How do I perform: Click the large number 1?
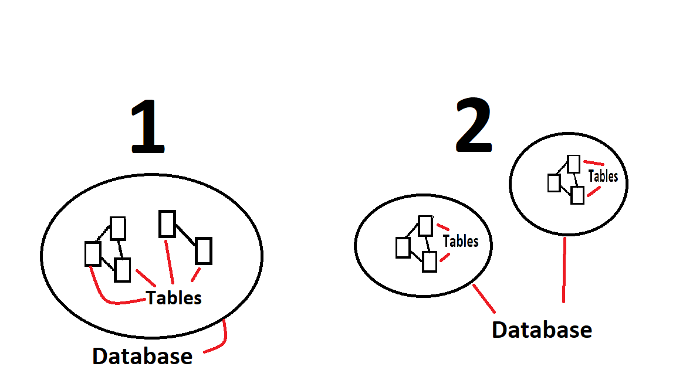pos(148,127)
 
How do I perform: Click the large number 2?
pos(474,125)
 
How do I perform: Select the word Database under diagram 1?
pos(143,356)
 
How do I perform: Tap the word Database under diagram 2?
pos(542,330)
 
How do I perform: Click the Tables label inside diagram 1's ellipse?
pos(174,298)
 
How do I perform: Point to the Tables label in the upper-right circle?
pos(603,176)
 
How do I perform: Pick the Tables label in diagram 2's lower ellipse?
pos(461,241)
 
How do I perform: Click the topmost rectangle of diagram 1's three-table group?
pos(119,228)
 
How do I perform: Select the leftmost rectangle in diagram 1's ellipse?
pos(93,253)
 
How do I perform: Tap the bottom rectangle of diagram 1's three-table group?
pos(122,270)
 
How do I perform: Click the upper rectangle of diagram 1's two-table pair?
pos(167,224)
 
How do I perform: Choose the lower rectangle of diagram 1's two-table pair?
pos(203,250)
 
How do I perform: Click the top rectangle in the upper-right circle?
pos(574,164)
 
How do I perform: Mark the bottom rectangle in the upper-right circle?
pos(577,195)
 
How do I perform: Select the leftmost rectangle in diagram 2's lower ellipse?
pos(403,247)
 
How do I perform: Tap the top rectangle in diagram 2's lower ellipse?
pos(425,226)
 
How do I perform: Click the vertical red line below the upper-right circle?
pos(564,270)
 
